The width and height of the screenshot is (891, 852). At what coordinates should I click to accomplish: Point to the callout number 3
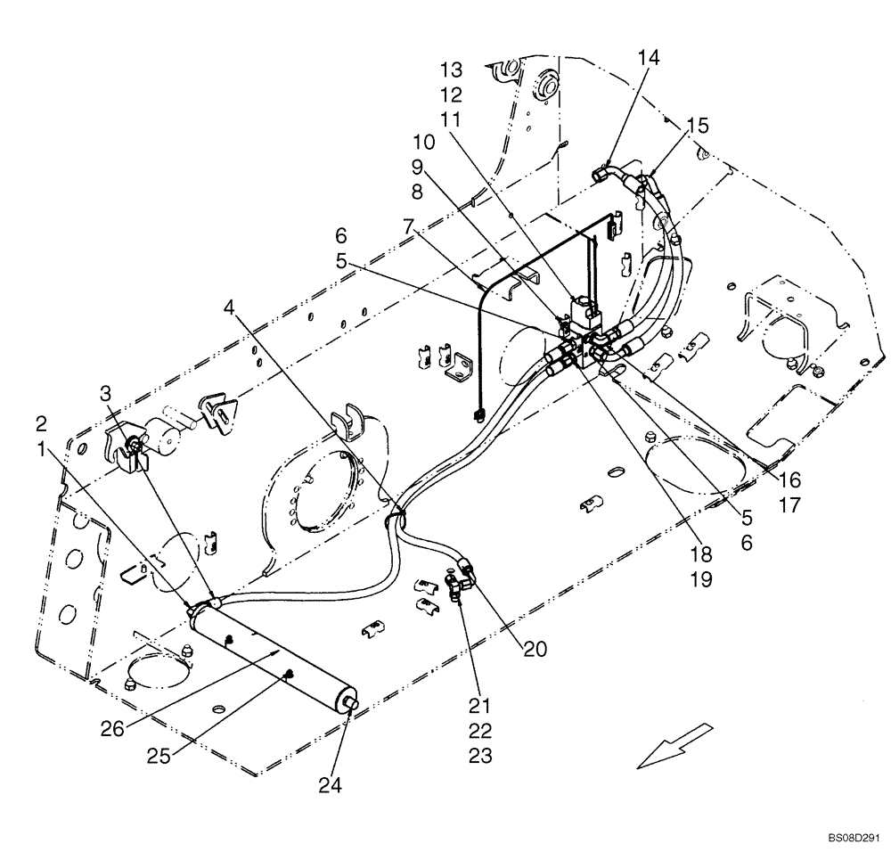coord(106,392)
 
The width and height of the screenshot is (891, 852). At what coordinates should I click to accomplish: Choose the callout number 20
coord(535,649)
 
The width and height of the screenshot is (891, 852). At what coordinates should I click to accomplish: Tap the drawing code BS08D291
coord(852,837)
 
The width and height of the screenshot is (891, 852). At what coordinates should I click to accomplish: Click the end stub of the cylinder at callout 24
coord(351,704)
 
